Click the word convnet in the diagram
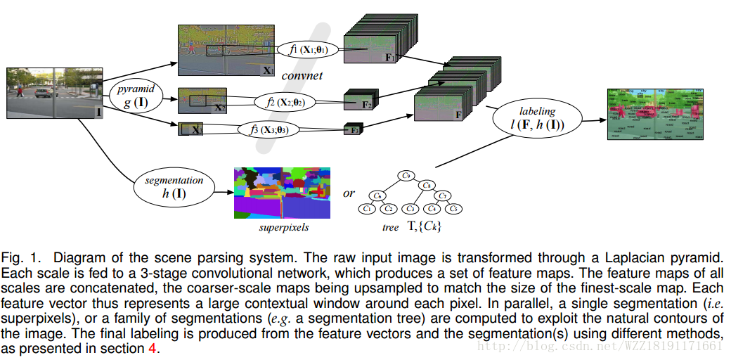302,75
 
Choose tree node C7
444,195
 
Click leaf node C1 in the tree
366,209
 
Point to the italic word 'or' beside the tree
349,193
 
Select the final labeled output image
656,114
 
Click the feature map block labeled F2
361,102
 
